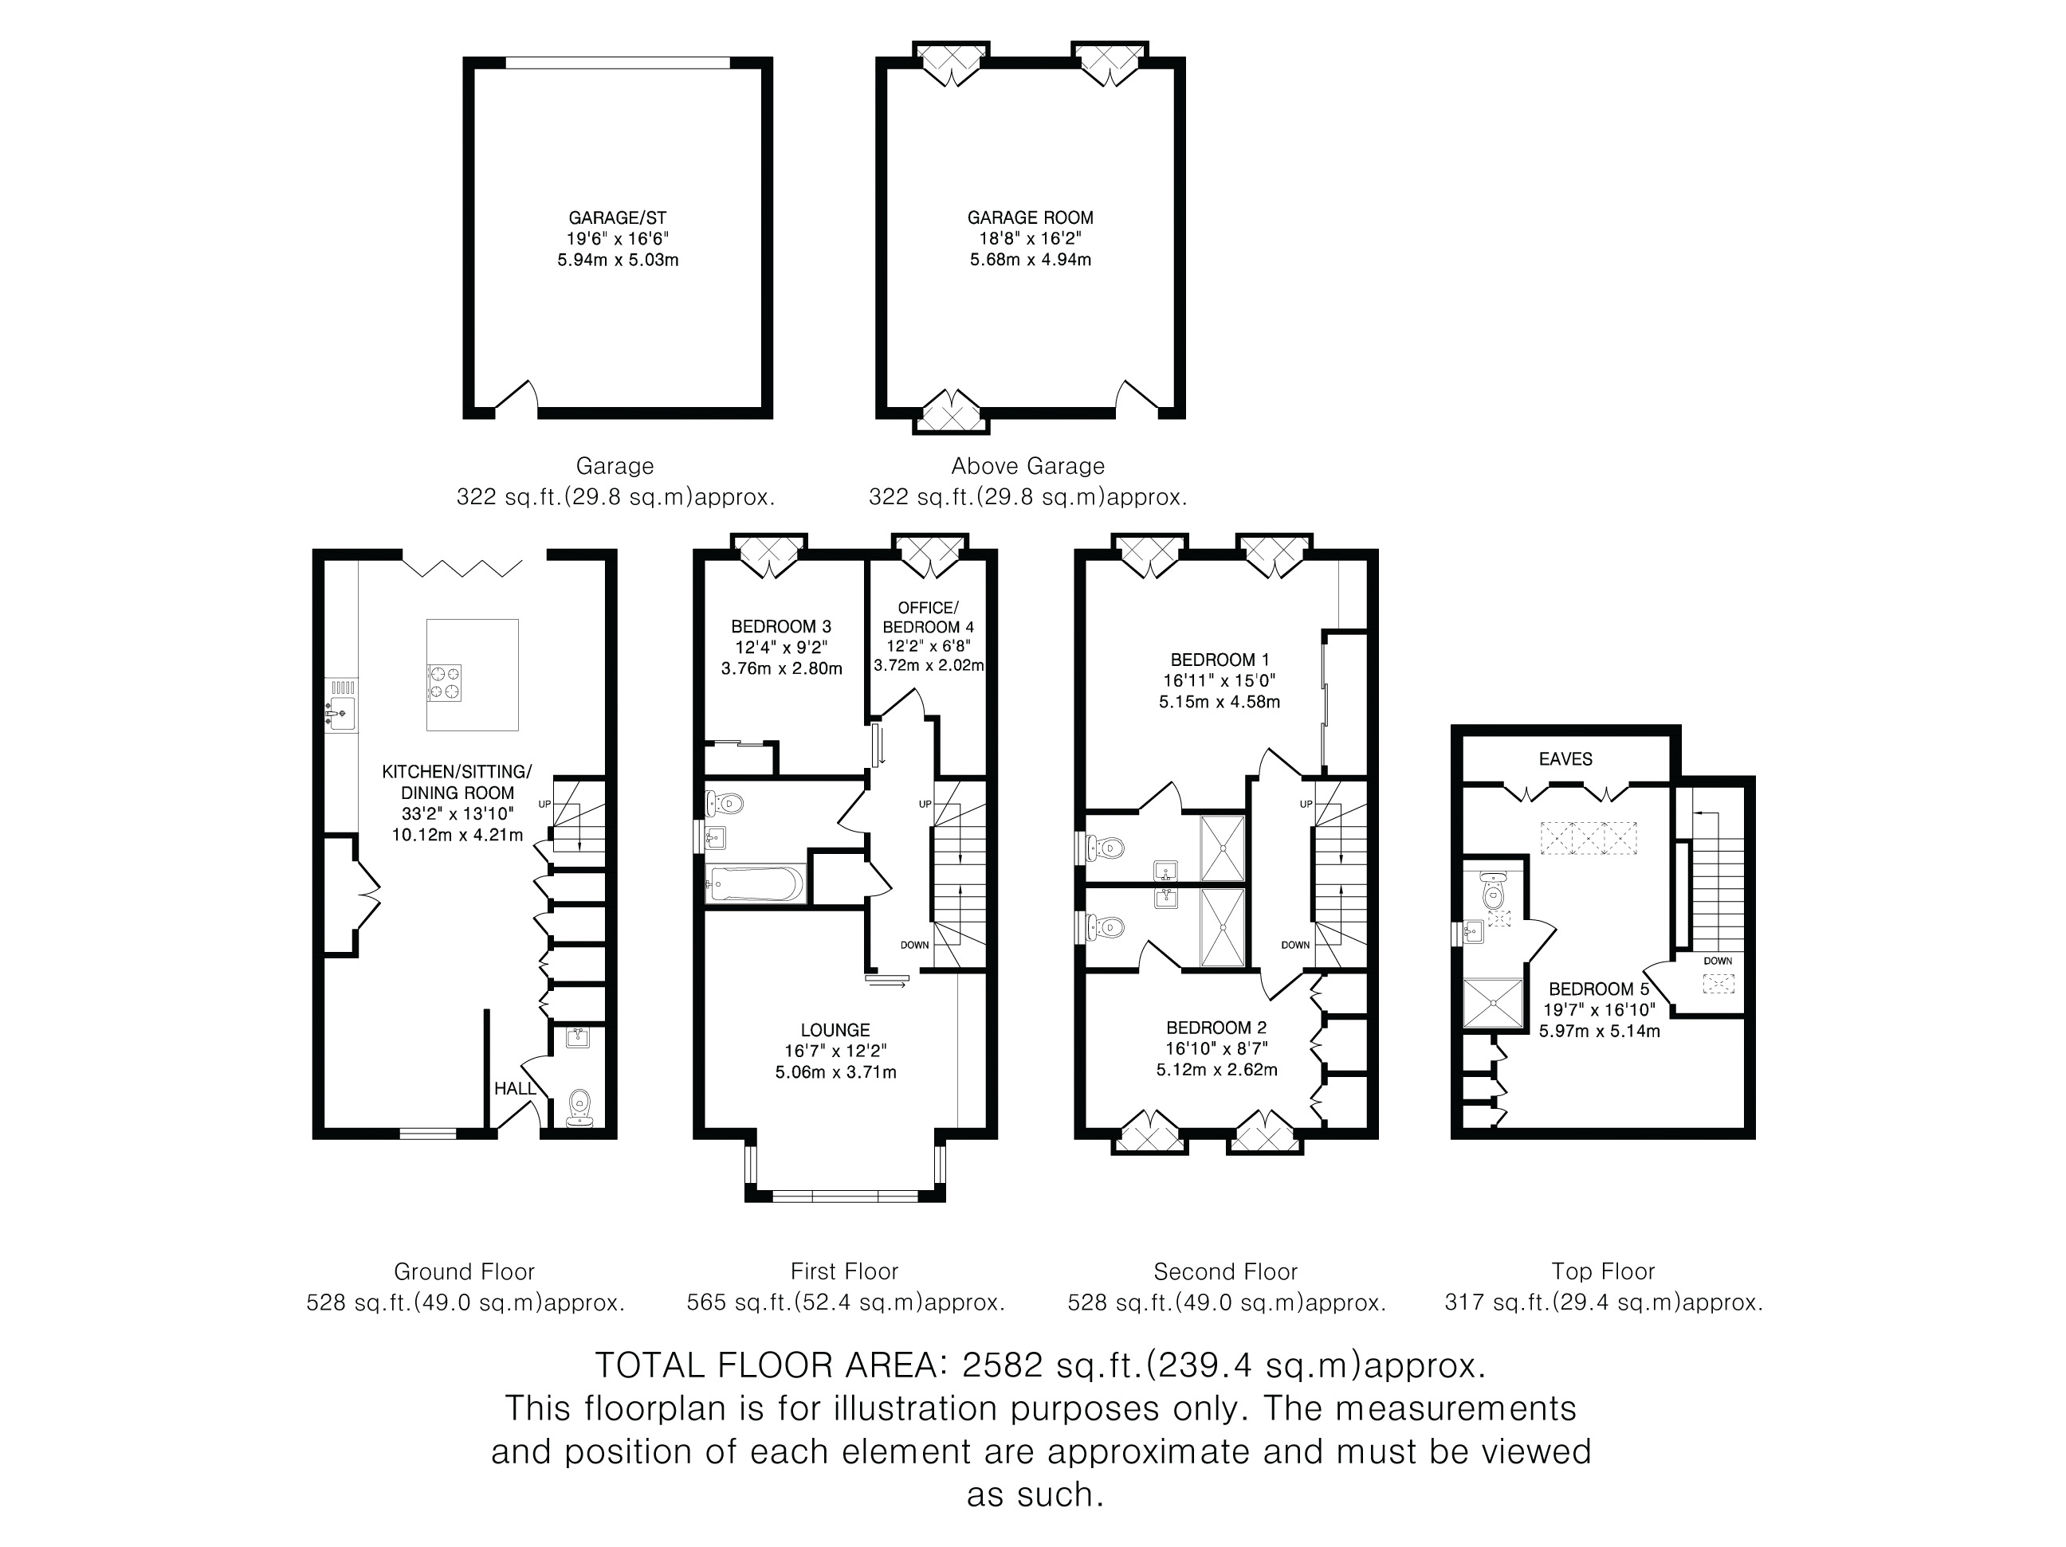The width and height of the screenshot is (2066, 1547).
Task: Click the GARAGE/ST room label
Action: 618,217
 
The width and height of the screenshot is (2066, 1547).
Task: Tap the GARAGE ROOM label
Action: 1030,217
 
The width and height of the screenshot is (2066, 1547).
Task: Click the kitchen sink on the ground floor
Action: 341,715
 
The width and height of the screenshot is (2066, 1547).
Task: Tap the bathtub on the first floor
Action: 756,883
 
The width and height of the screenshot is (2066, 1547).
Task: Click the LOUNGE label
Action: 835,1030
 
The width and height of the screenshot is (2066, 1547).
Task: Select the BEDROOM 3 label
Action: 781,626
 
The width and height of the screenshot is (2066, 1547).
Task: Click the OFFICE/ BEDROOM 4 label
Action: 929,617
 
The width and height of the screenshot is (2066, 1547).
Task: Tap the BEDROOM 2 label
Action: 1217,1028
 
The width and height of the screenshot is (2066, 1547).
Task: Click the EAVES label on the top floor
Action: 1565,759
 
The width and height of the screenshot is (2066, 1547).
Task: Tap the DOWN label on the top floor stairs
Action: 1718,961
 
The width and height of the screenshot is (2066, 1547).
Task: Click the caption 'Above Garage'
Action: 1027,466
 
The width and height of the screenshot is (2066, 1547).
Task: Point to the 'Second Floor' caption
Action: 1225,1271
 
